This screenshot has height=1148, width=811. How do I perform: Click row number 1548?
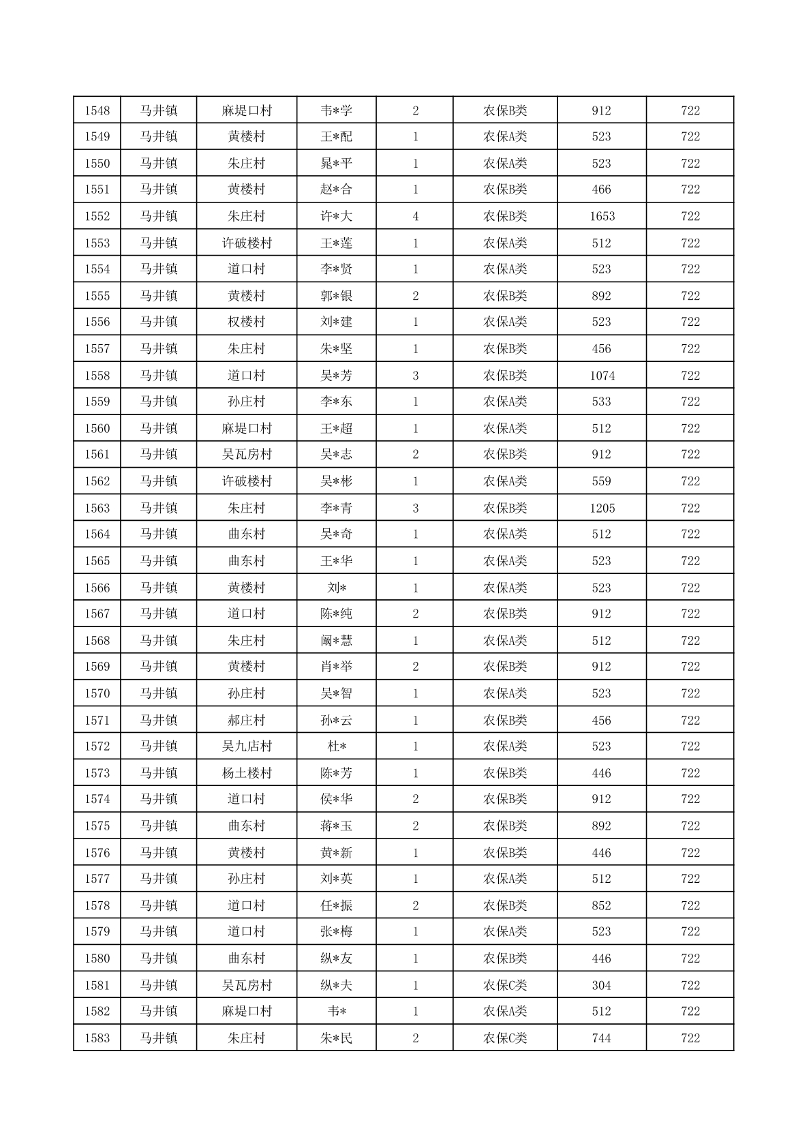97,110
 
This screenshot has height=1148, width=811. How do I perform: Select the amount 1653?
602,216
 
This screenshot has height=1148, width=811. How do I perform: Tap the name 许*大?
337,216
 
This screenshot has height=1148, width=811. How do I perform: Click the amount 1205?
602,508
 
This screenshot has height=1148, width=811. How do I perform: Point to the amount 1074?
602,376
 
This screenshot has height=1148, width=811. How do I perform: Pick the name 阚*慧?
337,641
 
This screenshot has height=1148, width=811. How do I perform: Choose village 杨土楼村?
247,773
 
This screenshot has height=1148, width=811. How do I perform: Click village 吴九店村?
247,746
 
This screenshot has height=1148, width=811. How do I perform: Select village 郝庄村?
247,721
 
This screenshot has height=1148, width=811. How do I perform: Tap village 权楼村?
247,322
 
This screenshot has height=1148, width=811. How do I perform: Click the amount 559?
602,481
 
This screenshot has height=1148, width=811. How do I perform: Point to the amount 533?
602,402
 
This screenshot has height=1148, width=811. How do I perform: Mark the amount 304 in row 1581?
602,985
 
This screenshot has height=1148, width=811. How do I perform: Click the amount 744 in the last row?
602,1038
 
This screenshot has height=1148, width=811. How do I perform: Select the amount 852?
602,905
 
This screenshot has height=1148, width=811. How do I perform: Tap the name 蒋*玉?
337,826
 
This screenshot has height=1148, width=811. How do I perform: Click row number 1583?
97,1038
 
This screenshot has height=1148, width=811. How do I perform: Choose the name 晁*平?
337,164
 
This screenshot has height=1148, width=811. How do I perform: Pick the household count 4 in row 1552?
416,216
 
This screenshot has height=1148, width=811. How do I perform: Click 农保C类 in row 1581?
505,985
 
